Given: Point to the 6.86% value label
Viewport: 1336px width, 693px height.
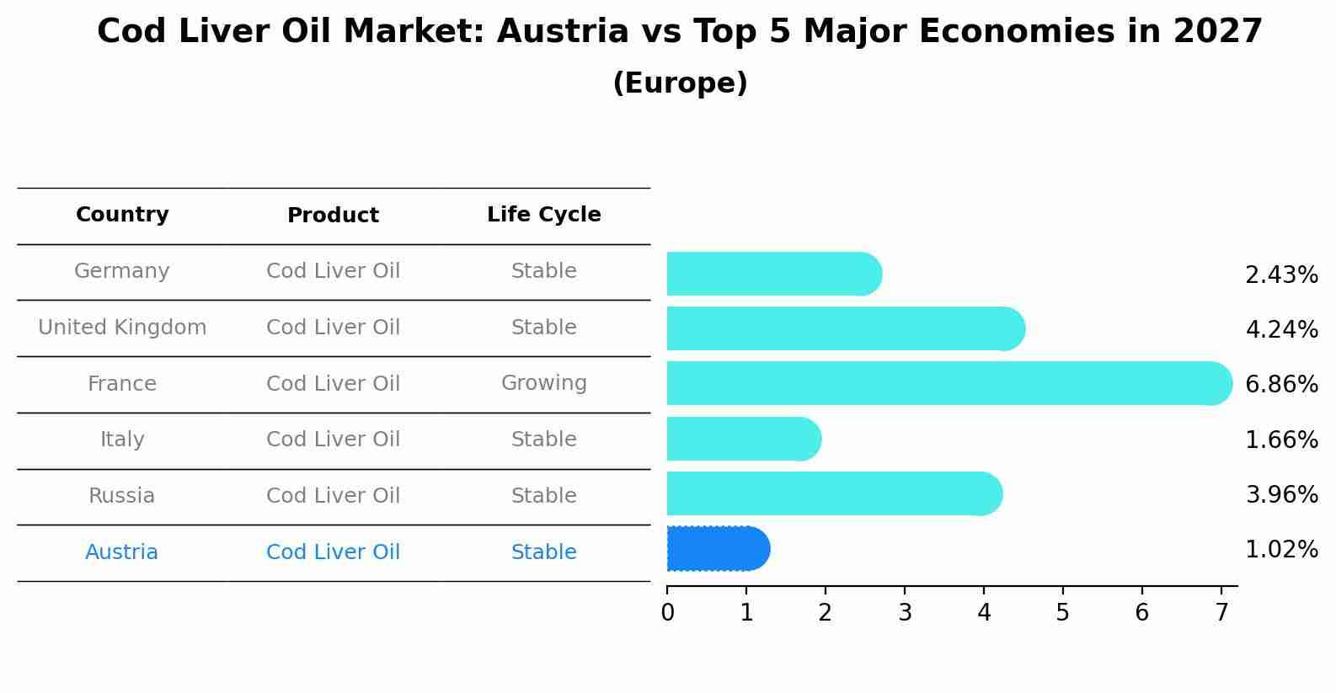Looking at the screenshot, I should coord(1281,385).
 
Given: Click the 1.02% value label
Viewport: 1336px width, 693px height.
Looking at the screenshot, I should coord(1281,550).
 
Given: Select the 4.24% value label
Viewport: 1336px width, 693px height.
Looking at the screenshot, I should coord(1281,329).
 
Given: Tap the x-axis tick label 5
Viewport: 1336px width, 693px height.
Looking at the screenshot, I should coord(1062,613).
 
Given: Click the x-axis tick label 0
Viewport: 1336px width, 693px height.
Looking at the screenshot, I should coord(667,613).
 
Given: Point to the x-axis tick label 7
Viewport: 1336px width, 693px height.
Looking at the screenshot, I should coord(1221,613).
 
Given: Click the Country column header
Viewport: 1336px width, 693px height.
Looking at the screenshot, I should coord(122,215).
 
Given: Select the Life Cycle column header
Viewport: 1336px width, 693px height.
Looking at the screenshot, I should coord(543,215).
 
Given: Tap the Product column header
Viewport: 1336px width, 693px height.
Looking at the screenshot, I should coord(333,216).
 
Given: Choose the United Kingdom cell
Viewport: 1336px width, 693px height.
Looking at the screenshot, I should coord(122,328).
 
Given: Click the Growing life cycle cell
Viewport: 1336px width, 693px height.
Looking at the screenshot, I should coord(543,383).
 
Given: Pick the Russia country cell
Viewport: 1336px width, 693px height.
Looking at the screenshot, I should coord(121,496).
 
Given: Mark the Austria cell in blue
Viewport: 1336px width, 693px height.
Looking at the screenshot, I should coord(121,552).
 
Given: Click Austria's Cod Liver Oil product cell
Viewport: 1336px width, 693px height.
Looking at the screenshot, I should coord(333,552).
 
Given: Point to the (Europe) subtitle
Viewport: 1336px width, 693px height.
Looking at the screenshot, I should coord(680,83).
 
